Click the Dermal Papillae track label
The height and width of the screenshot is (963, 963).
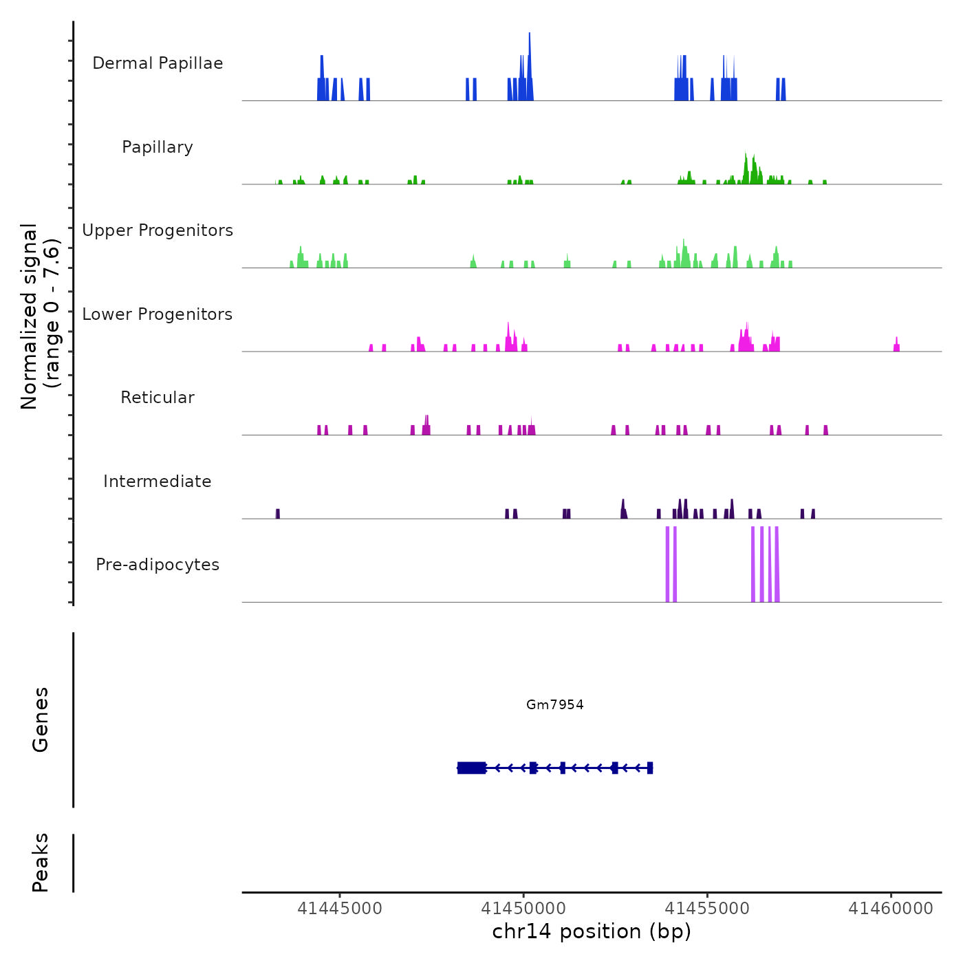coord(158,63)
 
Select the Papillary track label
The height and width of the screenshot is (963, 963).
coord(158,147)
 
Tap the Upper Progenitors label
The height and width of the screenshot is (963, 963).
coord(158,230)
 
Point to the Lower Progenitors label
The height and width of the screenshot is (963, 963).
coord(158,314)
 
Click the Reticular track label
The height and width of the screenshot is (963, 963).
coord(158,398)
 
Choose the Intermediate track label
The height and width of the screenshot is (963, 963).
coord(158,481)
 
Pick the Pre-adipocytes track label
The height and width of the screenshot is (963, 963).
coord(158,565)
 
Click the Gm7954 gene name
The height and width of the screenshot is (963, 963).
coord(555,704)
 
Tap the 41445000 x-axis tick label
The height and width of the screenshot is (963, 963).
coord(340,909)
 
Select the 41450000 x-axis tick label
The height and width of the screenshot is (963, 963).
coord(523,909)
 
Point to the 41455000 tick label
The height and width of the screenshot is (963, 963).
coord(707,909)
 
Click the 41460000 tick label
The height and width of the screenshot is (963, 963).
coord(891,909)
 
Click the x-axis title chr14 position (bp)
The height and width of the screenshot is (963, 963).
coord(592,931)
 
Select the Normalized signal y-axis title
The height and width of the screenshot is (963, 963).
coord(40,316)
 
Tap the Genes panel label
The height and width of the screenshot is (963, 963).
coord(41,719)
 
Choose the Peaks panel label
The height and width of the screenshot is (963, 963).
coord(41,863)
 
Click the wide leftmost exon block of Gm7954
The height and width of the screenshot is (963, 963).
coord(472,768)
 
